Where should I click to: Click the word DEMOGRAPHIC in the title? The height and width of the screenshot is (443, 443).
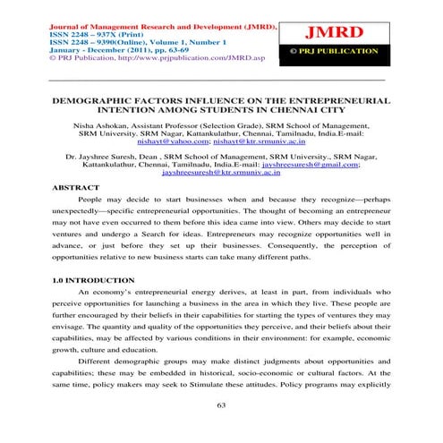(94, 104)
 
